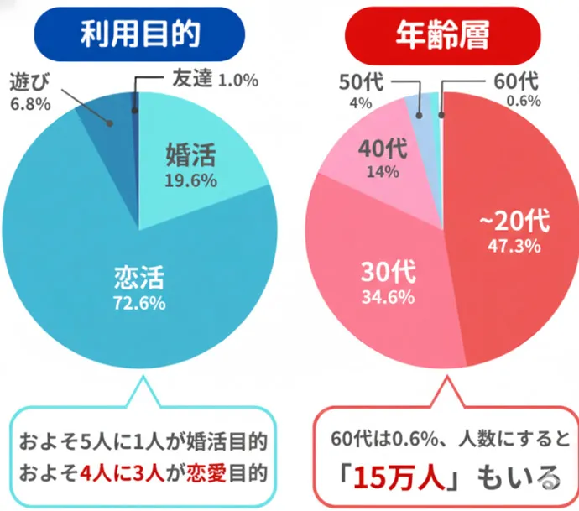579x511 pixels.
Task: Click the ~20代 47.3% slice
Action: [512, 243]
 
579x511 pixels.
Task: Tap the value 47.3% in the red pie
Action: [514, 246]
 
